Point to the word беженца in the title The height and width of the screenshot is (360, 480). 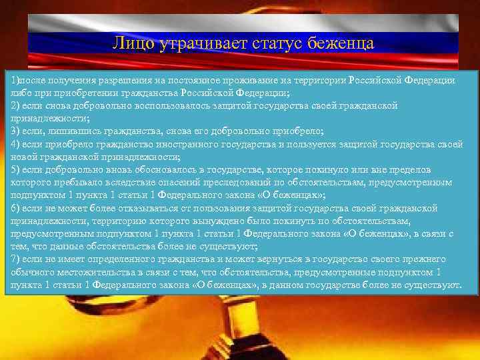[341, 44]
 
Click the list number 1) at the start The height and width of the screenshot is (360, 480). [15, 80]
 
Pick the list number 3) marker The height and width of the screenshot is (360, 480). [15, 131]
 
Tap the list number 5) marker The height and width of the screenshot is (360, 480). [15, 170]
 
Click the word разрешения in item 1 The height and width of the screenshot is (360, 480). [123, 80]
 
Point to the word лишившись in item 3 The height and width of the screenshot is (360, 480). [65, 131]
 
